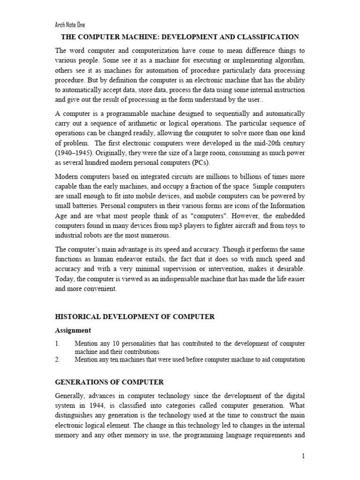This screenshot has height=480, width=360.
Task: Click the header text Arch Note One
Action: click(70, 25)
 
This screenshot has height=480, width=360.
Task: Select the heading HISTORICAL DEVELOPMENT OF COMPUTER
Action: click(135, 317)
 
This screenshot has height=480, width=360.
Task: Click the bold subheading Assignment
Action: click(73, 330)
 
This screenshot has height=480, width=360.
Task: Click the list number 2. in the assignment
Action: click(58, 360)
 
